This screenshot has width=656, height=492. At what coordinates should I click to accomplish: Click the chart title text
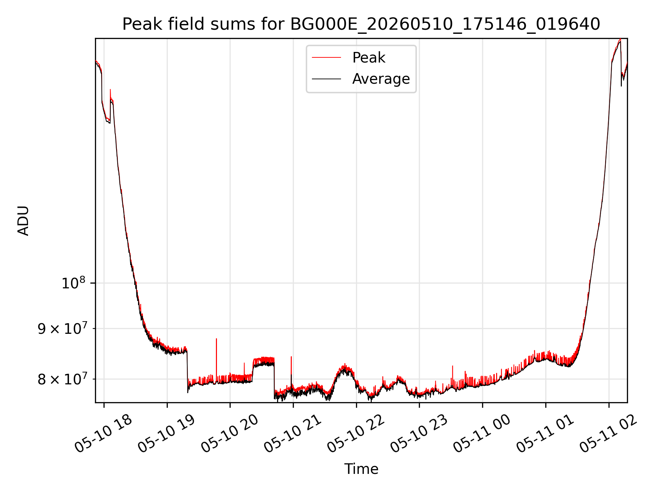tap(361, 24)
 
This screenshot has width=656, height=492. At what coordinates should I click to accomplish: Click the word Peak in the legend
tap(369, 58)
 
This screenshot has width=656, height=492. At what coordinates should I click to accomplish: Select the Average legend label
tap(381, 79)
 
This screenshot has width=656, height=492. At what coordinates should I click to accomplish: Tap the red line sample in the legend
tap(326, 58)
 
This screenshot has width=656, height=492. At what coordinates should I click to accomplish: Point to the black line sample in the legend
tap(326, 79)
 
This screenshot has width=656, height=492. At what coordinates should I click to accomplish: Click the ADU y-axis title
tap(23, 220)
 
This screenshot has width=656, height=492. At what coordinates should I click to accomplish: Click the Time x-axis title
tap(361, 469)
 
